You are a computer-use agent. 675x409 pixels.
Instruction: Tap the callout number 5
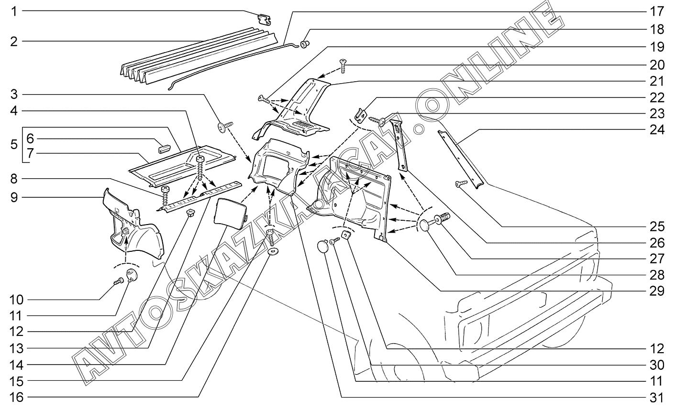click(14, 145)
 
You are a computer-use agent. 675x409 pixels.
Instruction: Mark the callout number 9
click(14, 196)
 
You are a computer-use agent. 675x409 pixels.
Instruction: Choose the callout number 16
click(14, 398)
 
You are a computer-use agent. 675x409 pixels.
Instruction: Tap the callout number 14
click(14, 365)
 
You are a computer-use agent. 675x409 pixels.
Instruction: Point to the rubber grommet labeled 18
click(305, 45)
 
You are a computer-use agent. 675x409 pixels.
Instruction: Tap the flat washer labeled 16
click(274, 252)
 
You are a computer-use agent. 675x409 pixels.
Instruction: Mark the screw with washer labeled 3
click(224, 127)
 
